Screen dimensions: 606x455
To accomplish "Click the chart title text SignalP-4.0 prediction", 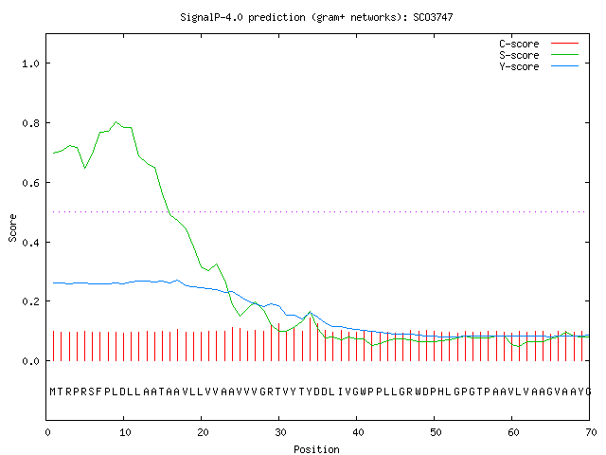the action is click(242, 17).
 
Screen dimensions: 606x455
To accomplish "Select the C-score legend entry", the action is click(539, 44).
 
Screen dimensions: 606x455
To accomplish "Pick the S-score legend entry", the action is click(539, 55).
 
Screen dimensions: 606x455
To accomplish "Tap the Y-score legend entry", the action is click(539, 66).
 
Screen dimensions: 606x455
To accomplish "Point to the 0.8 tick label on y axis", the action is click(31, 123).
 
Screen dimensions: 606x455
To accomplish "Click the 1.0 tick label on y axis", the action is click(31, 64).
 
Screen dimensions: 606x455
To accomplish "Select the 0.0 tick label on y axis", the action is click(31, 361).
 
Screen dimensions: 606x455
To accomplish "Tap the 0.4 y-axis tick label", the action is click(31, 243).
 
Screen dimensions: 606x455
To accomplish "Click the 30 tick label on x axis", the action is click(280, 432).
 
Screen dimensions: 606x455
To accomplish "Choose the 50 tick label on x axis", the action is click(436, 432).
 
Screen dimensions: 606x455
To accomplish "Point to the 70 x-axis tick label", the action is click(591, 432).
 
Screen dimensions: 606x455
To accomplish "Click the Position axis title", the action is click(316, 449).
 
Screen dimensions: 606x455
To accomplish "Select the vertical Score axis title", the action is click(12, 227).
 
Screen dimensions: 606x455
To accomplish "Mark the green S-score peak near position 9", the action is click(116, 122).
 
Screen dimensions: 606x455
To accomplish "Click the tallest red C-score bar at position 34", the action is click(310, 339).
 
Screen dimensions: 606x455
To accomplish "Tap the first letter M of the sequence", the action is click(53, 391).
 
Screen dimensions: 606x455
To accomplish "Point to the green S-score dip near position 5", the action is click(85, 168).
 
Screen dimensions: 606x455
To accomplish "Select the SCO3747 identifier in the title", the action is click(433, 17).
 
